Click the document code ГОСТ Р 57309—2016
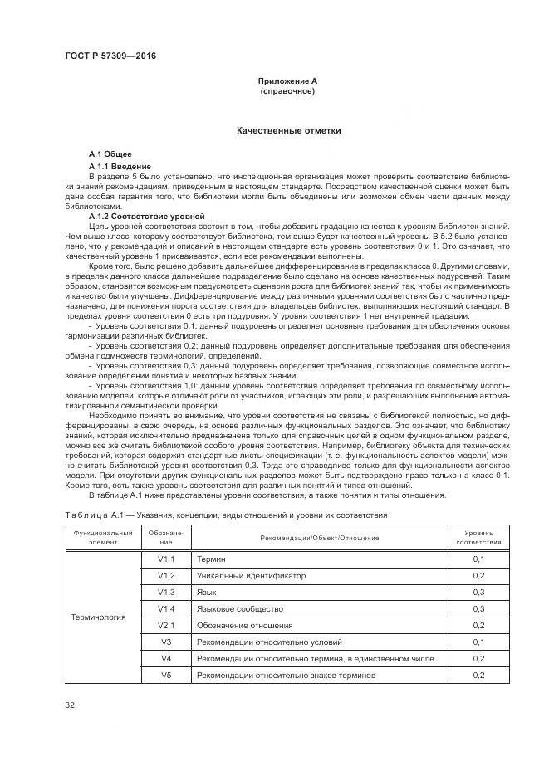pyautogui.click(x=110, y=56)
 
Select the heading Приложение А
pyautogui.click(x=287, y=81)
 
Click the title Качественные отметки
pyautogui.click(x=287, y=131)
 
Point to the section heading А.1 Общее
pyautogui.click(x=110, y=155)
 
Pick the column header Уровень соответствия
pyautogui.click(x=478, y=537)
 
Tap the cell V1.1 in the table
pyautogui.click(x=166, y=559)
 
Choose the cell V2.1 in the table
pyautogui.click(x=166, y=625)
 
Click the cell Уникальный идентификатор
pyautogui.click(x=251, y=575)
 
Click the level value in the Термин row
pyautogui.click(x=478, y=559)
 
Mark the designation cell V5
pyautogui.click(x=166, y=675)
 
